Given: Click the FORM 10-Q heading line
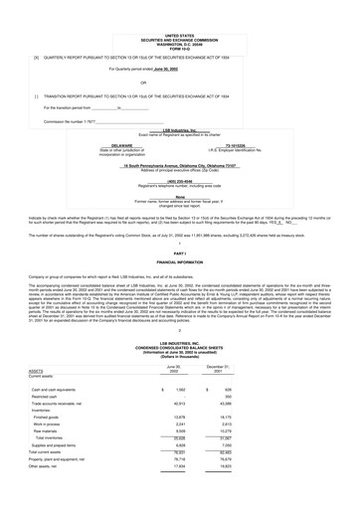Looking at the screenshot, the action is pos(179,24).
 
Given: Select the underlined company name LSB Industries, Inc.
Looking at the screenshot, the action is pos(180,129).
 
